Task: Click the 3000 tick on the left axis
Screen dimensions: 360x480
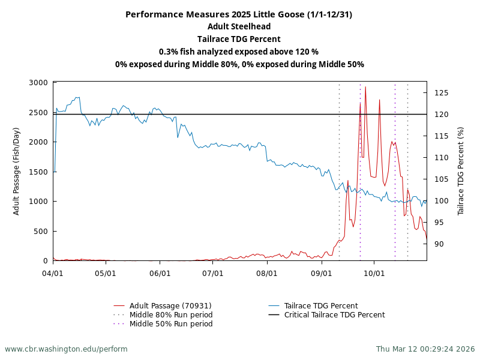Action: (x=38, y=83)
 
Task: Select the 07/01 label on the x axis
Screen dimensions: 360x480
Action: (x=213, y=273)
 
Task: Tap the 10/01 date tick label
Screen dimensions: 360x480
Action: (x=373, y=273)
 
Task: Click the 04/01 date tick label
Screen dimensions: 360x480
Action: (x=53, y=273)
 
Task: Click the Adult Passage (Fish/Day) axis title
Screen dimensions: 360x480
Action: (x=17, y=171)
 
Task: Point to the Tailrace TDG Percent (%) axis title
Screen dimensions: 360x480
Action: (x=461, y=171)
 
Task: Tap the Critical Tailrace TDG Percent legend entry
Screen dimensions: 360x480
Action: (x=334, y=315)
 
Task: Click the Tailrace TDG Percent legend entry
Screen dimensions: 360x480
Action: (x=321, y=305)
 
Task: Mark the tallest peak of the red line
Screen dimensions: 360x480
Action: (x=365, y=86)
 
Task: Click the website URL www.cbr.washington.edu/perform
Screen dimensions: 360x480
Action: (x=66, y=349)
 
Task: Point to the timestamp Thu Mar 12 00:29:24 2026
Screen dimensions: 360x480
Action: (x=425, y=349)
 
